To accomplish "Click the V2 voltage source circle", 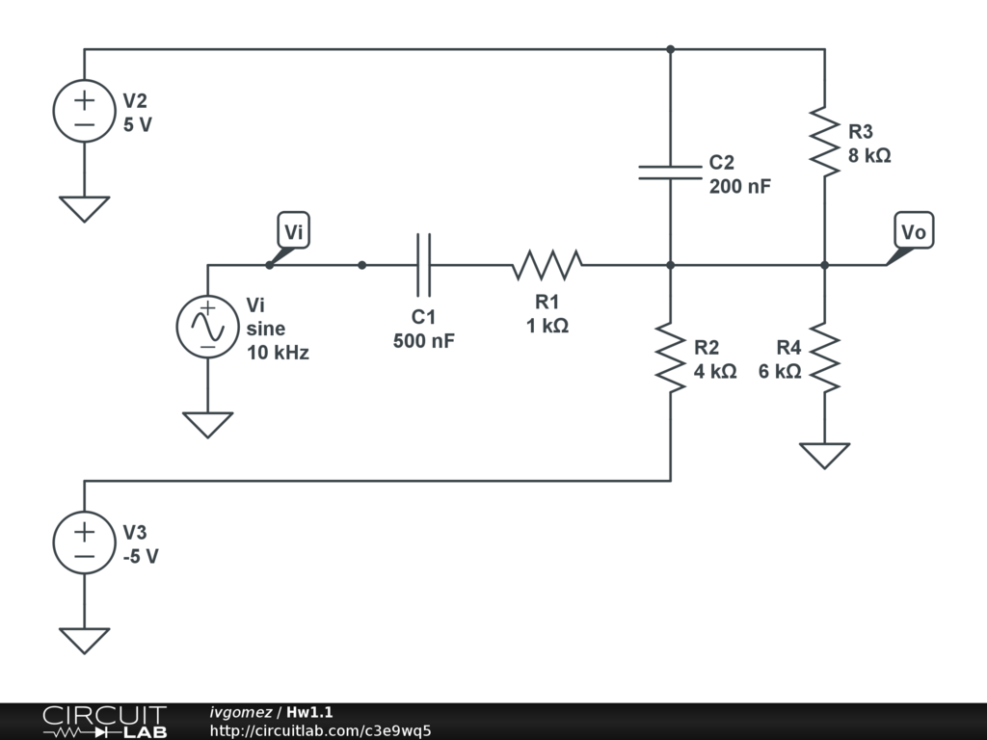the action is tap(85, 111).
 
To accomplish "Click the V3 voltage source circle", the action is tap(85, 542).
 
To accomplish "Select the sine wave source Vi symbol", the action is tap(208, 327).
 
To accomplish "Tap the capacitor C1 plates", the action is tap(424, 265).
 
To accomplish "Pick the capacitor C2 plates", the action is tap(671, 173).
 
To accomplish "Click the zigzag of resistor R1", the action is tap(547, 265).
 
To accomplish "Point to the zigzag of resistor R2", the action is tap(671, 357).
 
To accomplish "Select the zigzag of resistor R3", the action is tap(825, 142).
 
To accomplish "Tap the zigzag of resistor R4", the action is tap(825, 357).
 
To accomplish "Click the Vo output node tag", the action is tap(914, 231).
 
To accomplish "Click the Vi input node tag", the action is tap(293, 230).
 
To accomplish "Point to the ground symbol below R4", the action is tap(825, 456).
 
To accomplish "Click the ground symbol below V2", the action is tap(85, 209).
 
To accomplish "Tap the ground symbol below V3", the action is tap(85, 641).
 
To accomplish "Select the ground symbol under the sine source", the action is tap(208, 425).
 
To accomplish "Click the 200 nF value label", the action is tap(740, 186).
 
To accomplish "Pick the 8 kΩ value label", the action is tap(869, 155).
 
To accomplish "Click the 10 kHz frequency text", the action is tap(278, 353).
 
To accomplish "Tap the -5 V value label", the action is tap(141, 556).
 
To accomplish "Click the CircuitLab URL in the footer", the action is tap(320, 730).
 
